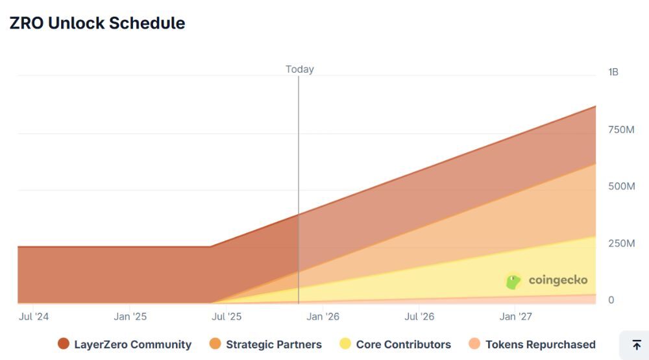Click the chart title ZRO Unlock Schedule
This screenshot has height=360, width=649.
[97, 23]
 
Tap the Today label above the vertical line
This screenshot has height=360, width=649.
[299, 69]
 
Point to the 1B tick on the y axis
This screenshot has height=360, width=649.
[613, 72]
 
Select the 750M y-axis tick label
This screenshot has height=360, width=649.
[621, 130]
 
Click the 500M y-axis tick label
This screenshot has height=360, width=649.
[621, 187]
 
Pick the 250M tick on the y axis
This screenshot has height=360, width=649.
[621, 243]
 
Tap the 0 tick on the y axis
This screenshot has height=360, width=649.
[611, 300]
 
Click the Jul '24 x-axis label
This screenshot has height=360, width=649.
[34, 317]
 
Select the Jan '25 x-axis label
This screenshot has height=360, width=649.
[130, 317]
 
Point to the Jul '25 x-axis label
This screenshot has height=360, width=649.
[227, 317]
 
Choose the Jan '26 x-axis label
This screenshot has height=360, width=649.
[323, 317]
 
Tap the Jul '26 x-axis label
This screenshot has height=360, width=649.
[419, 317]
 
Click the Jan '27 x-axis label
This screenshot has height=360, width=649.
[515, 317]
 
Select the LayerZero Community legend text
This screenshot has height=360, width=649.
[132, 344]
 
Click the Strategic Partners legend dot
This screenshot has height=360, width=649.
[215, 344]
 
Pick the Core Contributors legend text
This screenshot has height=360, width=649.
[403, 344]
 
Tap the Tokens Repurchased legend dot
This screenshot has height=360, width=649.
[474, 344]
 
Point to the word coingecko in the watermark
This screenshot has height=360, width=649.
[558, 280]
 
